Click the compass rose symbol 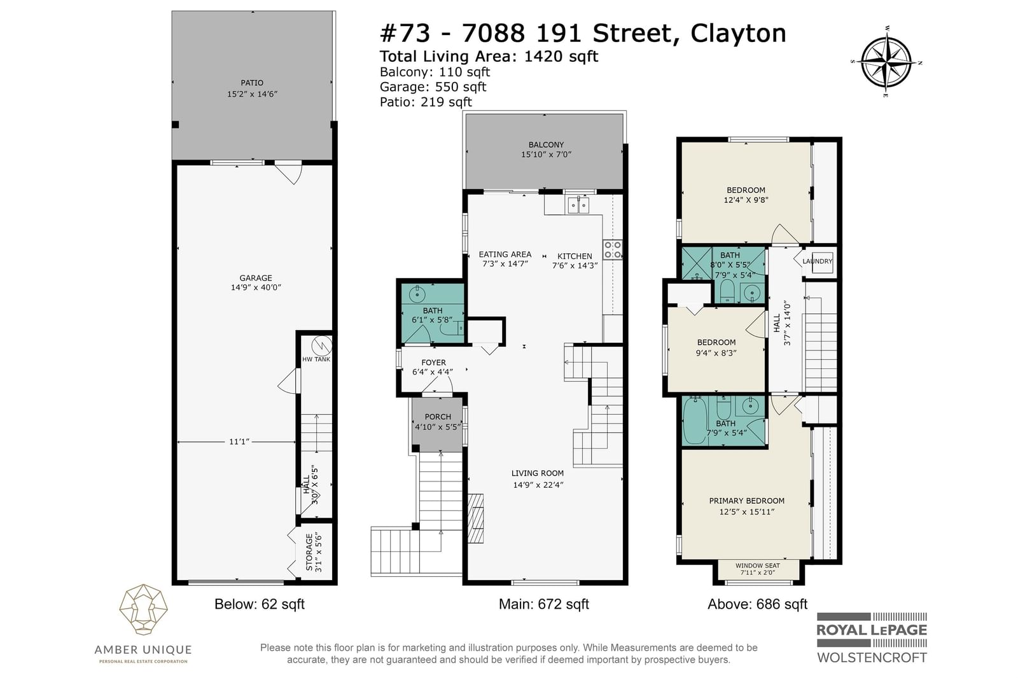886,62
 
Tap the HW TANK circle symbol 322,345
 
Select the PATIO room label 252,83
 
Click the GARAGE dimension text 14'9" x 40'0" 256,287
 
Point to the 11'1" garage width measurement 239,441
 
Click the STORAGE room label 309,552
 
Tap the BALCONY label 546,144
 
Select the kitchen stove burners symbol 613,251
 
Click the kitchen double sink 578,205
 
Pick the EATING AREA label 505,254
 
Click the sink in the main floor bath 417,294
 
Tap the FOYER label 433,363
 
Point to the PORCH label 438,417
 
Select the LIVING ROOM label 538,473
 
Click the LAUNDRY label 817,261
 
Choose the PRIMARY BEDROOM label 747,501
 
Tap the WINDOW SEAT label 758,566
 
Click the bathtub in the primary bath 694,420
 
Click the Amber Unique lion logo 144,609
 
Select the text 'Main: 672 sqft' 543,604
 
